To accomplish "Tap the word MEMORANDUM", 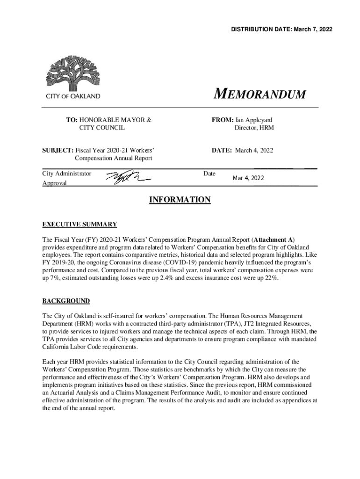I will pyautogui.click(x=259, y=94).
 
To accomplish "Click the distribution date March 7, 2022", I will pyautogui.click(x=314, y=29).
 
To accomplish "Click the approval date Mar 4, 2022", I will pyautogui.click(x=248, y=178).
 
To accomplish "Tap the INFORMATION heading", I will pyautogui.click(x=180, y=200).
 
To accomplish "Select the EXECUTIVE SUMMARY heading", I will pyautogui.click(x=79, y=224).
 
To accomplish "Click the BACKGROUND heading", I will pyautogui.click(x=66, y=301).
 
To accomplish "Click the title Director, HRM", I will pyautogui.click(x=254, y=127).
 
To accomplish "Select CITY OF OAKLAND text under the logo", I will pyautogui.click(x=73, y=96).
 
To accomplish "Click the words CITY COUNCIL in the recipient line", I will pyautogui.click(x=101, y=127).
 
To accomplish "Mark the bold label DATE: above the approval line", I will pyautogui.click(x=222, y=150).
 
